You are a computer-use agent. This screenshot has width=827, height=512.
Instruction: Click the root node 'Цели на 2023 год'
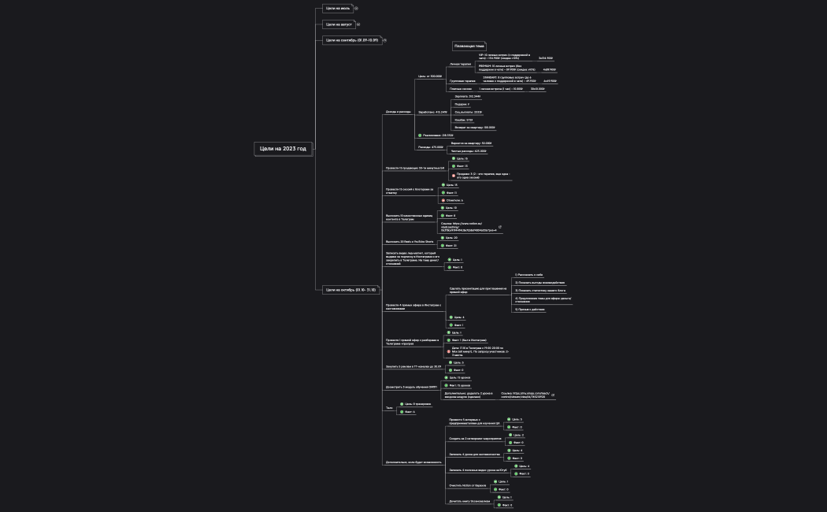tap(283, 148)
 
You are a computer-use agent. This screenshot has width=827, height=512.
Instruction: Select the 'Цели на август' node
tap(338, 24)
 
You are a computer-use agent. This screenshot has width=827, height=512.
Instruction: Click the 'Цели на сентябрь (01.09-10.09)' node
tap(351, 40)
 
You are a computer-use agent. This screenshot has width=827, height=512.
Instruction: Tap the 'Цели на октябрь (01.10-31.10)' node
tap(350, 290)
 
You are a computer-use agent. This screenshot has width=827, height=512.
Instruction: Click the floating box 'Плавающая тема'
tap(469, 46)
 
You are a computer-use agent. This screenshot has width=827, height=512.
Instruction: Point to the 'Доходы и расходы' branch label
tap(398, 112)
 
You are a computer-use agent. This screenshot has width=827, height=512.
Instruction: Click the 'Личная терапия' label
tap(460, 64)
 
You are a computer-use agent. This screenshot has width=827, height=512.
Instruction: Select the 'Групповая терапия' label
tap(462, 80)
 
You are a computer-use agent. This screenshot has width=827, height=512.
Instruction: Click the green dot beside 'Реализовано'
tap(420, 135)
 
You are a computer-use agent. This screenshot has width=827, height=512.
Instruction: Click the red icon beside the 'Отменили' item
tap(442, 200)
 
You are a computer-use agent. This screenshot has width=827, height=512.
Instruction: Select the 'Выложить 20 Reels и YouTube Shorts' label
tap(410, 241)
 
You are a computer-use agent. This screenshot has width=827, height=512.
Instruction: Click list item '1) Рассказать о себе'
tap(528, 275)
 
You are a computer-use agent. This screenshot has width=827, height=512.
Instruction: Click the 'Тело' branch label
tap(388, 407)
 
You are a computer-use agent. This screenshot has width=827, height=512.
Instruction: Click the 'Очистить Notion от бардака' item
tap(468, 485)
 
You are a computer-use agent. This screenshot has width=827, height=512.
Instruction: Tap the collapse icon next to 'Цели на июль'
tap(356, 9)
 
